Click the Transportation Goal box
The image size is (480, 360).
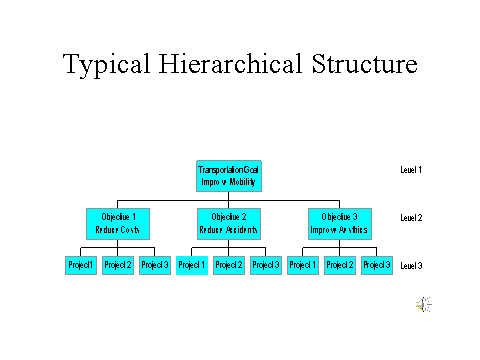point(230,176)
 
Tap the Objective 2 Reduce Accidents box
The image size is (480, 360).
point(230,221)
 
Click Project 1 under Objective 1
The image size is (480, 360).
point(81,265)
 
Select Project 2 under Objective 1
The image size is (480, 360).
point(118,265)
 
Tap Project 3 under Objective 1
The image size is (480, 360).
point(154,265)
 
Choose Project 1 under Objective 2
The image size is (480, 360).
point(192,265)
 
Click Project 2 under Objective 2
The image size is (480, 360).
point(229,265)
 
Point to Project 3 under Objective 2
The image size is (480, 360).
point(266,265)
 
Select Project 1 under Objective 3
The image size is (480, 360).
point(303,265)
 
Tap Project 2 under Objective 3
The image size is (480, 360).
point(340,265)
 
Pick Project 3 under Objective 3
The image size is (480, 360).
point(376,265)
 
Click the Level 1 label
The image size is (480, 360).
point(411,170)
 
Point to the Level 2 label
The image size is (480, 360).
point(411,217)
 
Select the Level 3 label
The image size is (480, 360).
point(411,266)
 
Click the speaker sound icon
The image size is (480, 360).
point(424,305)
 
